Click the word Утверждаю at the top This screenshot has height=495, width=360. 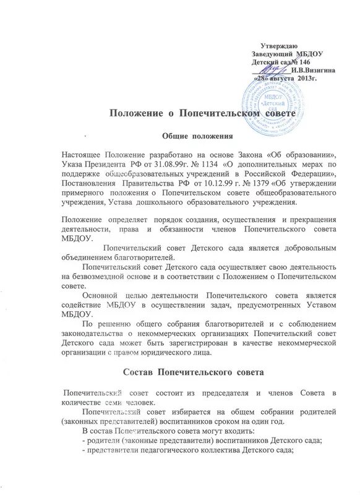279,47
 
